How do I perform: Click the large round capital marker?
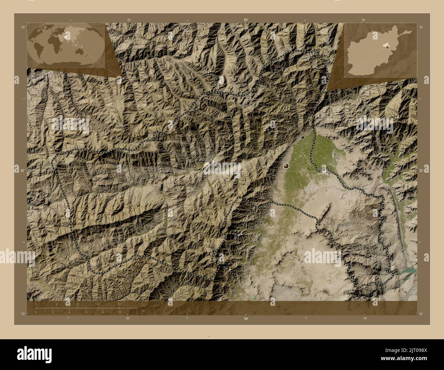tap(286, 166)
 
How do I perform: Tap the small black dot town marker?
tap(303, 137)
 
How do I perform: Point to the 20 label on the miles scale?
tap(120, 312)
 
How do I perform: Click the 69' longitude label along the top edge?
tap(246, 20)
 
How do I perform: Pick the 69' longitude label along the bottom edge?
tap(246, 319)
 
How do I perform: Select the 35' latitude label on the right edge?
tap(421, 170)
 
